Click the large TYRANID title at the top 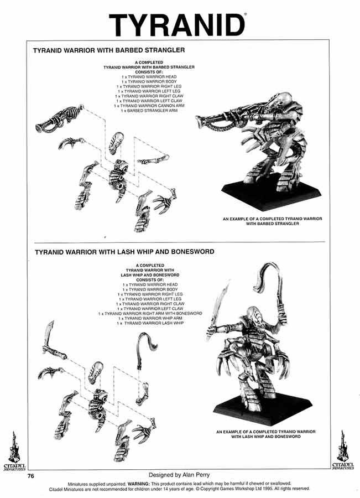[177, 25]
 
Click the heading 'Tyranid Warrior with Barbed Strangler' [108, 50]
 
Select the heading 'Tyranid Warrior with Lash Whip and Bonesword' [124, 251]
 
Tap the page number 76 [24, 475]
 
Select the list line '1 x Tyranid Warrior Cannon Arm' [149, 106]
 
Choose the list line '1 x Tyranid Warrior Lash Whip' [149, 323]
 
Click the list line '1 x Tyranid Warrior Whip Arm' [149, 318]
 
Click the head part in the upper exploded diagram [117, 144]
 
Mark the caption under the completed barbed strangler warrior [273, 221]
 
